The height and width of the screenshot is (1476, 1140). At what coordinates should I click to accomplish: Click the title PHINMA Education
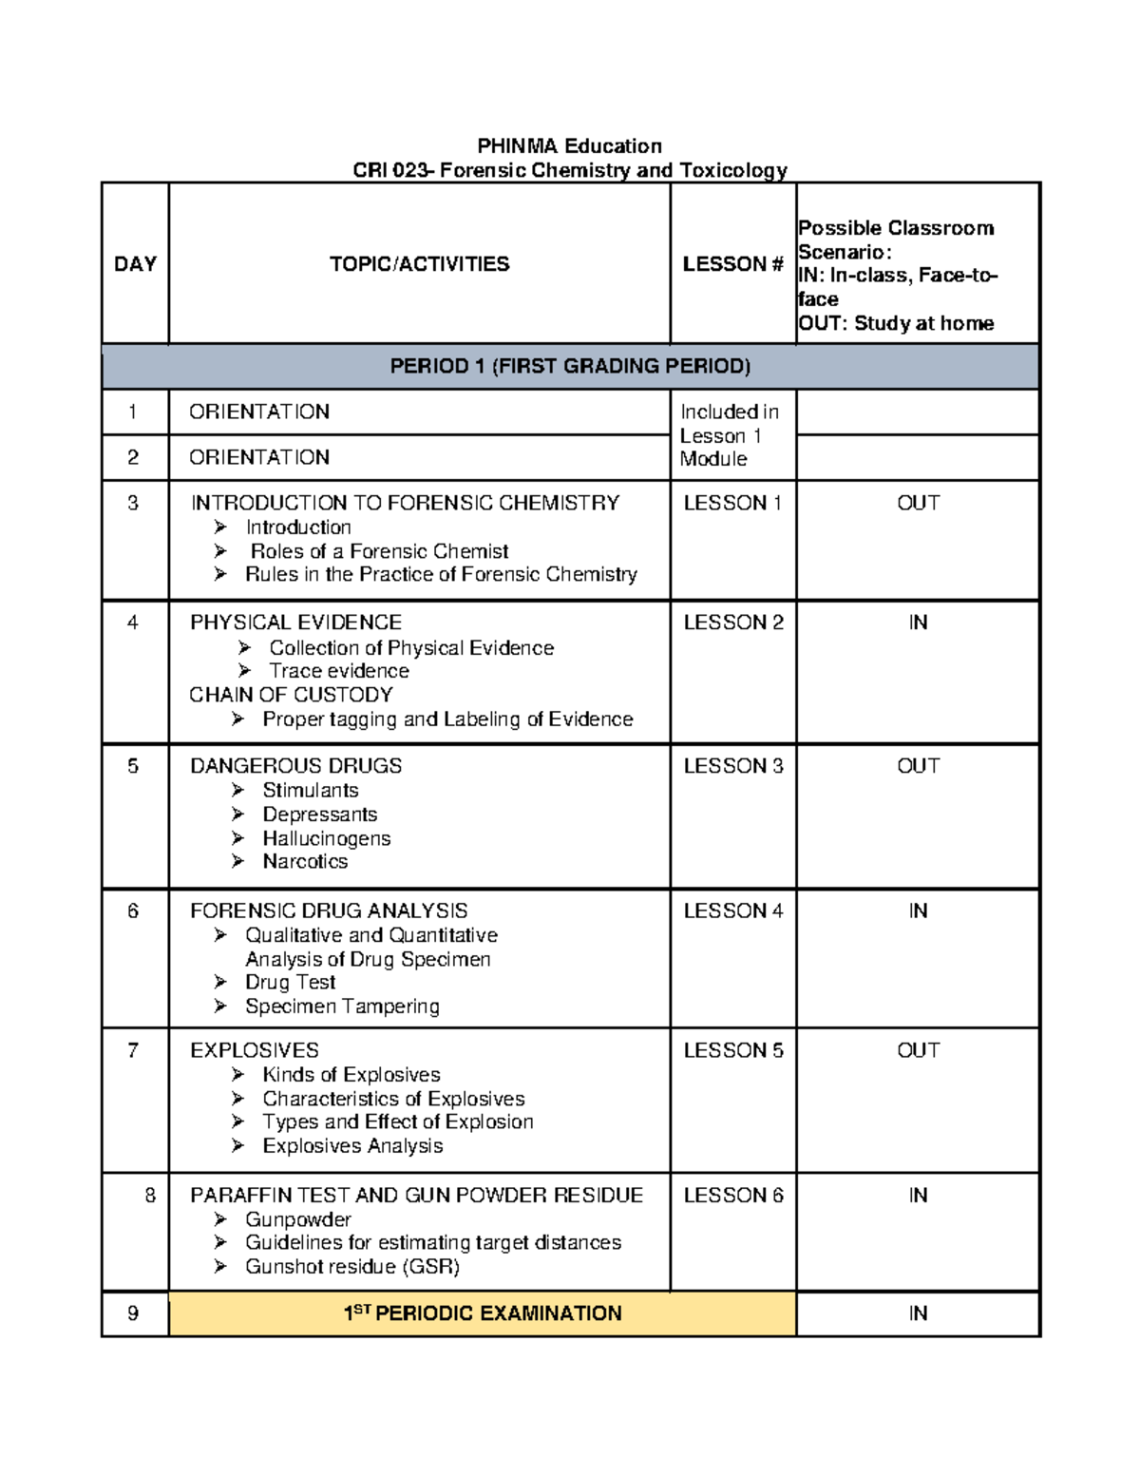coord(569,145)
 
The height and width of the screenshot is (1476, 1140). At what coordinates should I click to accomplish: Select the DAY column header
coord(135,264)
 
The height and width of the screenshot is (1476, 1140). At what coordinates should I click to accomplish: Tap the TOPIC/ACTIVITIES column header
coord(419,264)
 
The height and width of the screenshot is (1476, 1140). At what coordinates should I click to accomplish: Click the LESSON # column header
coord(732,264)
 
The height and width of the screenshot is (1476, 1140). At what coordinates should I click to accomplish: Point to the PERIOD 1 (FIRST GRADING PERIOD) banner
coord(570,366)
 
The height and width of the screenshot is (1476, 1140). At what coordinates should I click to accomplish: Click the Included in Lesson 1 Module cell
coord(729,435)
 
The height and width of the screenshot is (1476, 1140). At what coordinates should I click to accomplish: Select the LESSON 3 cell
coord(733,766)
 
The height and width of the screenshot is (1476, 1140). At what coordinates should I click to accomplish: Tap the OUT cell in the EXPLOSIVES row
coord(918,1050)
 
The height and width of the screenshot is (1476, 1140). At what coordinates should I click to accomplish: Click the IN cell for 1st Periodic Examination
coord(918,1313)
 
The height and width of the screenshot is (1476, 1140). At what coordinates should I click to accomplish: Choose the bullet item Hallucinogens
coord(326,838)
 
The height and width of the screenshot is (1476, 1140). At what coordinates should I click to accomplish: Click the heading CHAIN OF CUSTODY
coord(291,695)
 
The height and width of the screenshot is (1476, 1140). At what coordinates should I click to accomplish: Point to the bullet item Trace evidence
coord(339,671)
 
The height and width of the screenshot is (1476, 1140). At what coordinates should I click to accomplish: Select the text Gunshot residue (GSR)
coord(352,1267)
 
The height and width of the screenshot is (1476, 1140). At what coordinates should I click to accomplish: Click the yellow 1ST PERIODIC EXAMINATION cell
coord(483,1313)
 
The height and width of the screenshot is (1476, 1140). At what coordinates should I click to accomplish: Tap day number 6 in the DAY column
coord(133,911)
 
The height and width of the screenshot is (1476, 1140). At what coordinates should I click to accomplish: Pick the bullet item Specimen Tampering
coord(342,1006)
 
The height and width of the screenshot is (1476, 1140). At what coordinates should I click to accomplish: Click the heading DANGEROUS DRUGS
coord(295,766)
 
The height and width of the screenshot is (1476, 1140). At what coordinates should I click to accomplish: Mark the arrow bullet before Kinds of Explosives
coord(237,1074)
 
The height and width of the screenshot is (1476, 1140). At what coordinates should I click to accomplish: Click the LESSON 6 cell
coord(733,1196)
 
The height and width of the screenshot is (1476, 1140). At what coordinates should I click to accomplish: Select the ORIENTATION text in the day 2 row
coord(259,457)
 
